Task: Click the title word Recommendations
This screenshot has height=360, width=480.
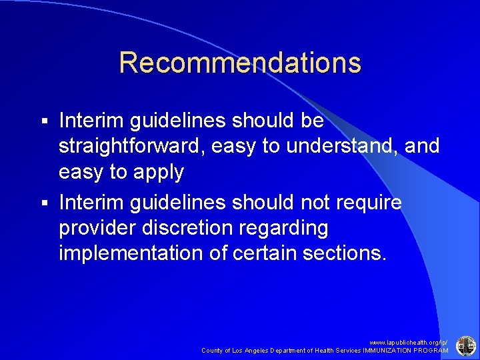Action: [x=240, y=63]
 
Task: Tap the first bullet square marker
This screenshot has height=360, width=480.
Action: [x=45, y=122]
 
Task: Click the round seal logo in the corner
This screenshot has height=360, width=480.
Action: [x=465, y=345]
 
